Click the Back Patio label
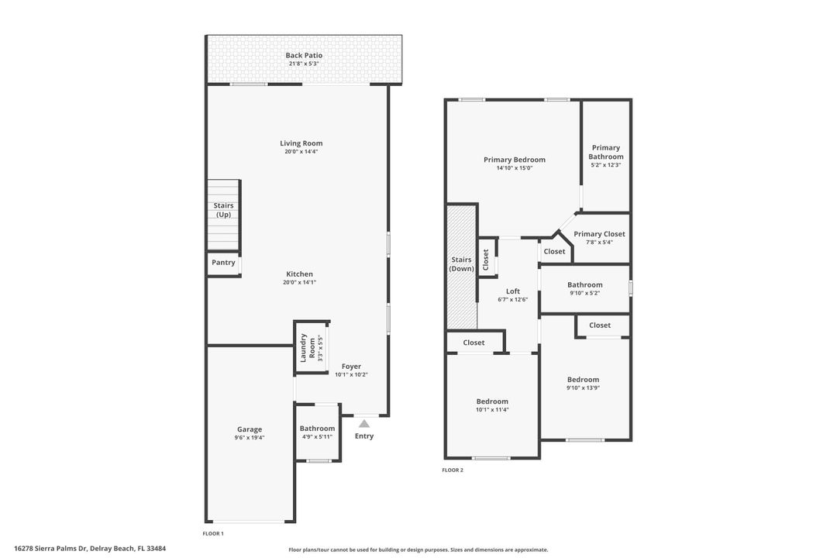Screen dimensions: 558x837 [304, 55]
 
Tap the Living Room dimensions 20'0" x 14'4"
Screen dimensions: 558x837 [301, 152]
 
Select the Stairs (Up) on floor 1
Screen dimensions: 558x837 [223, 210]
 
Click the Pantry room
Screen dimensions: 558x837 [223, 263]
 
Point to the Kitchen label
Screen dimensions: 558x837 [300, 274]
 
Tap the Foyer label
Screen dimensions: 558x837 [351, 367]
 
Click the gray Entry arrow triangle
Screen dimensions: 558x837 [364, 423]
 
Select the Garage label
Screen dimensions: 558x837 [250, 429]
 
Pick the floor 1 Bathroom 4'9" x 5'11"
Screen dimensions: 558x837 [318, 432]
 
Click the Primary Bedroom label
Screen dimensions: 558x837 [515, 160]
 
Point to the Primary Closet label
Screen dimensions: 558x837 [599, 234]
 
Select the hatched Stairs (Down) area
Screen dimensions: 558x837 [461, 263]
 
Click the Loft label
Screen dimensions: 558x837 [513, 291]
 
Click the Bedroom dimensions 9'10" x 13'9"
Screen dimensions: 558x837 [583, 387]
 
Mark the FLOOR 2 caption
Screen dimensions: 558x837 [453, 470]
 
